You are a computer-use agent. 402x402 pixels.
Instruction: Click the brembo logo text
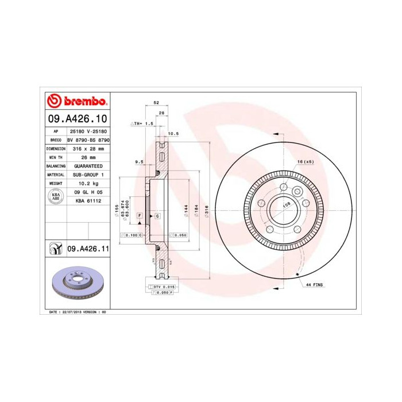click(83, 102)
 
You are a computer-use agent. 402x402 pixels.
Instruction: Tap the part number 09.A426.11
click(88, 249)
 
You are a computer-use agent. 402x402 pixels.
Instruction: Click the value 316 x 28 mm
click(88, 148)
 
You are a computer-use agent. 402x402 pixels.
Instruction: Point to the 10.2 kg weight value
click(88, 183)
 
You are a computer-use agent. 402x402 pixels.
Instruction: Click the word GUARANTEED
click(88, 165)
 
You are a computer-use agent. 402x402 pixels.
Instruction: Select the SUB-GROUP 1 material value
click(88, 174)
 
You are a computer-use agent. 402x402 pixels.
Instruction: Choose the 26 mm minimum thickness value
click(88, 157)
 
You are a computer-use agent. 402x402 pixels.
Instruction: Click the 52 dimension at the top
click(156, 102)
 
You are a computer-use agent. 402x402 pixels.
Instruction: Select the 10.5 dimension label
click(173, 133)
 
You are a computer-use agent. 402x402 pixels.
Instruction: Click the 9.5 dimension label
click(138, 163)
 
